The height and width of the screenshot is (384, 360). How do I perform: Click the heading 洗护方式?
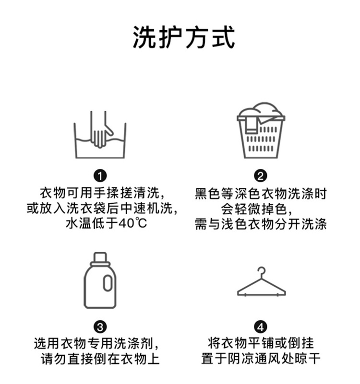[184, 38]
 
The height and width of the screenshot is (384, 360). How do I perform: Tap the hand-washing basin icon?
[100, 137]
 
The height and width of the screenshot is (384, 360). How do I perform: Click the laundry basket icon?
[261, 130]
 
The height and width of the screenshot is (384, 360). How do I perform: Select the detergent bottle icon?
[100, 281]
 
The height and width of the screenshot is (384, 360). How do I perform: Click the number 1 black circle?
[100, 175]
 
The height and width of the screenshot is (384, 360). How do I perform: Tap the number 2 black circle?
[261, 175]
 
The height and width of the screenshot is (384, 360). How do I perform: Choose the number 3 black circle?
[100, 327]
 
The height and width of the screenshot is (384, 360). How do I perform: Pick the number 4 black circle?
[261, 327]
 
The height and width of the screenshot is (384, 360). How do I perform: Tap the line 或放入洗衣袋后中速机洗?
[100, 209]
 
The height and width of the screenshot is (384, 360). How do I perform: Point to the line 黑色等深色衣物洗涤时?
[261, 194]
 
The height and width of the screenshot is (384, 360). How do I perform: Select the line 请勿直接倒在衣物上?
[100, 359]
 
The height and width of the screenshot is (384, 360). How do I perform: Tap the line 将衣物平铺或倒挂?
[261, 344]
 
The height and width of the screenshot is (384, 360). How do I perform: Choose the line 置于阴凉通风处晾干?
[261, 359]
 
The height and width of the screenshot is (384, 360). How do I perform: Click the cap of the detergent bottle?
[100, 258]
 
